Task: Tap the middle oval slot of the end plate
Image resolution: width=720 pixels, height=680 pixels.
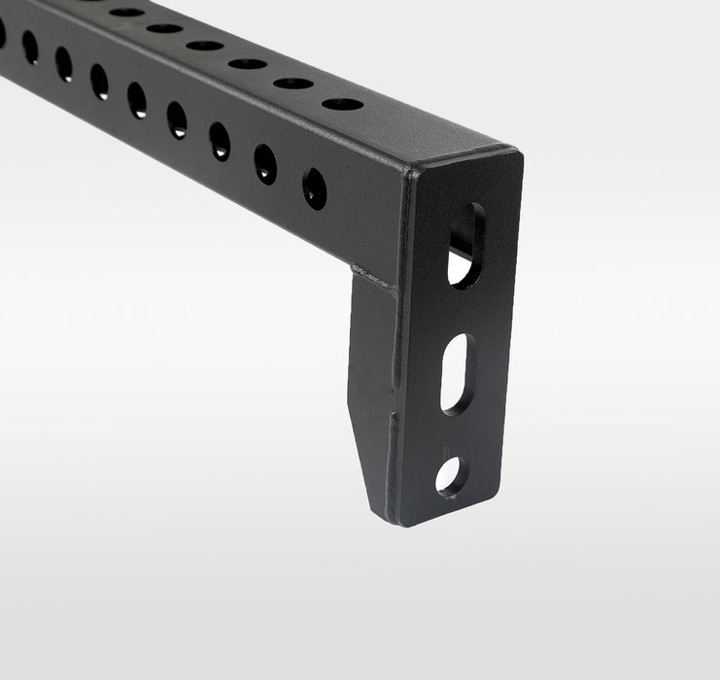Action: click(458, 374)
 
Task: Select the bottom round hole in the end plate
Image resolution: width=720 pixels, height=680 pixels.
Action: click(450, 475)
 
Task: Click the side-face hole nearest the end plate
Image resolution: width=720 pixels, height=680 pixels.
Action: click(314, 188)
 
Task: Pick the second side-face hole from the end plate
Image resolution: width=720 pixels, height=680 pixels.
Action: click(265, 164)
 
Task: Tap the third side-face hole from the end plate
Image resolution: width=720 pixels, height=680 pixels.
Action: click(220, 141)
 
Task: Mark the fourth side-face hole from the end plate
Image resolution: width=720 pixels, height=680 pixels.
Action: click(177, 120)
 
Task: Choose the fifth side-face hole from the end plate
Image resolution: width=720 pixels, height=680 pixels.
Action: click(137, 100)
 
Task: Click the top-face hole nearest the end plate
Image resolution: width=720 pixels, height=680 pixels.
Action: click(342, 103)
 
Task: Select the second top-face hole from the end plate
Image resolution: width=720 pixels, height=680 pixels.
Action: click(292, 83)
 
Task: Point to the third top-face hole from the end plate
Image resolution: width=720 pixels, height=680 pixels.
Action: click(247, 63)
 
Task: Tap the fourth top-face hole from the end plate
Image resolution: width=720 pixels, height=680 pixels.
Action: click(205, 45)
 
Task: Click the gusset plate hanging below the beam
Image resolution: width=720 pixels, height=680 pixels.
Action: click(371, 369)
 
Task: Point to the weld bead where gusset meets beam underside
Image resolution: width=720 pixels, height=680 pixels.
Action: click(375, 277)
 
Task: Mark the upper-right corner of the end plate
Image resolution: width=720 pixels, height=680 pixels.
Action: click(515, 155)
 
